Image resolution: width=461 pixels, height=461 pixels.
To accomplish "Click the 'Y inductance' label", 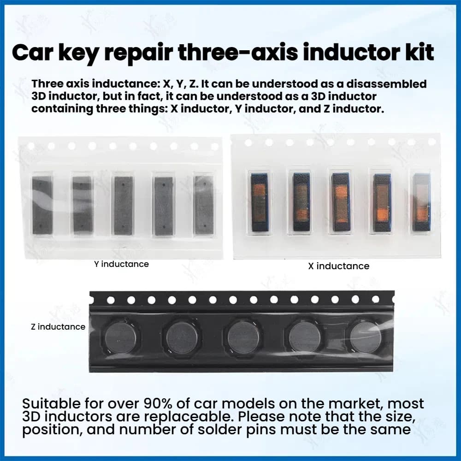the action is click(x=121, y=264).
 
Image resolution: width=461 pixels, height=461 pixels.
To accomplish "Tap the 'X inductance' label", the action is click(x=339, y=266).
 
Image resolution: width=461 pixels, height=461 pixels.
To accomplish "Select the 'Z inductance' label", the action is click(x=58, y=327).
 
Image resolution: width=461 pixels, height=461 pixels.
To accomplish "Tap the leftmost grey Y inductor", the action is click(x=42, y=205).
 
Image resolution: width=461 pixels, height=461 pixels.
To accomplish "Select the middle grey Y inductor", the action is click(x=124, y=205).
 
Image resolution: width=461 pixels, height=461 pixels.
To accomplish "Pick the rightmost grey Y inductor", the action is click(x=204, y=205).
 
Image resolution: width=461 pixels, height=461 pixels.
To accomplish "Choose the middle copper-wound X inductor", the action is click(x=341, y=202).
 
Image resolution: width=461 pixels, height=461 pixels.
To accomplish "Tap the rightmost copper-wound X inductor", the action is click(x=422, y=202).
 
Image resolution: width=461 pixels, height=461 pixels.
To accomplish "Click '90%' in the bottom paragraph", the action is click(x=158, y=404).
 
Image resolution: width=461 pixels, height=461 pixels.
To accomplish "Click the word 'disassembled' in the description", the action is click(x=386, y=84).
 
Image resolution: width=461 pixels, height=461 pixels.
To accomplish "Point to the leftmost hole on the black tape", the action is click(x=111, y=300).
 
